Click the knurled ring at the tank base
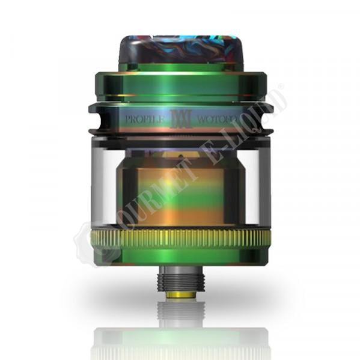coord(180,239)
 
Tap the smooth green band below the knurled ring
coord(180,257)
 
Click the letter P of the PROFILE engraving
coord(126,119)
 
